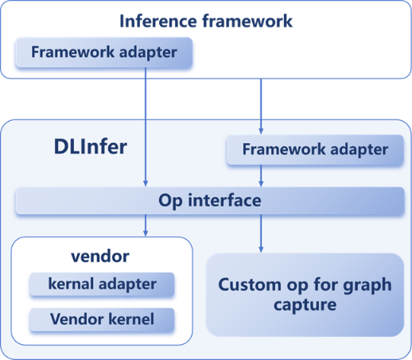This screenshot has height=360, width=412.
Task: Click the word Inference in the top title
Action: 158,21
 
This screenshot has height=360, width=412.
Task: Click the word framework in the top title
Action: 247,21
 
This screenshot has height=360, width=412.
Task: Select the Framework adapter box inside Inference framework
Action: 104,52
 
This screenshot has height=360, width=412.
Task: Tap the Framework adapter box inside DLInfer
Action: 315,149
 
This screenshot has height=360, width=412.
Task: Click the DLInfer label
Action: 91,147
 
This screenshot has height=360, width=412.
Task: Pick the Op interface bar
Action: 210,200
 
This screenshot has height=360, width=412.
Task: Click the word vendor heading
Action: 100,257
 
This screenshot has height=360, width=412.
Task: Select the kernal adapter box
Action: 102,284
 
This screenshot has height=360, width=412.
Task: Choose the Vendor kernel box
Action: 102,319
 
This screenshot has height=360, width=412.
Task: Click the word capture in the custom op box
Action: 305,305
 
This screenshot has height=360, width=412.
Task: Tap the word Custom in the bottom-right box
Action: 250,285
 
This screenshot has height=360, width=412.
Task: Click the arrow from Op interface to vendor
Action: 146,225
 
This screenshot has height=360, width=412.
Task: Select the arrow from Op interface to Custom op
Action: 261,234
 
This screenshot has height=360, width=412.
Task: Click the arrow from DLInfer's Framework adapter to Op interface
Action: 261,176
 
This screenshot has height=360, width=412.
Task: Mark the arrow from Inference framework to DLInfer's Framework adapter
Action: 261,106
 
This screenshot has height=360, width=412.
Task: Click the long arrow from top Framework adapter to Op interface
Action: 146,127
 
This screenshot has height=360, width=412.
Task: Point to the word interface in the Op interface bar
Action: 224,200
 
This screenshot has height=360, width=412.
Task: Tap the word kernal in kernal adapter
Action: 71,284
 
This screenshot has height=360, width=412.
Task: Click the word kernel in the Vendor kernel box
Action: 131,319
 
